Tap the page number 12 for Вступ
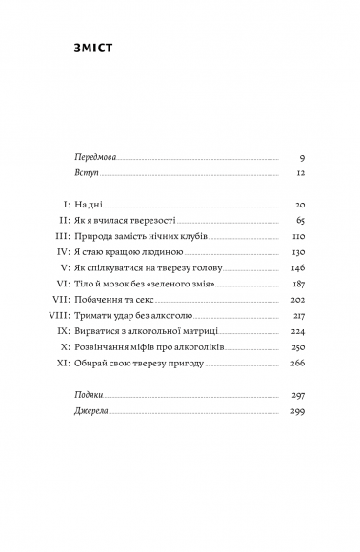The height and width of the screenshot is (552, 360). tap(297, 176)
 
